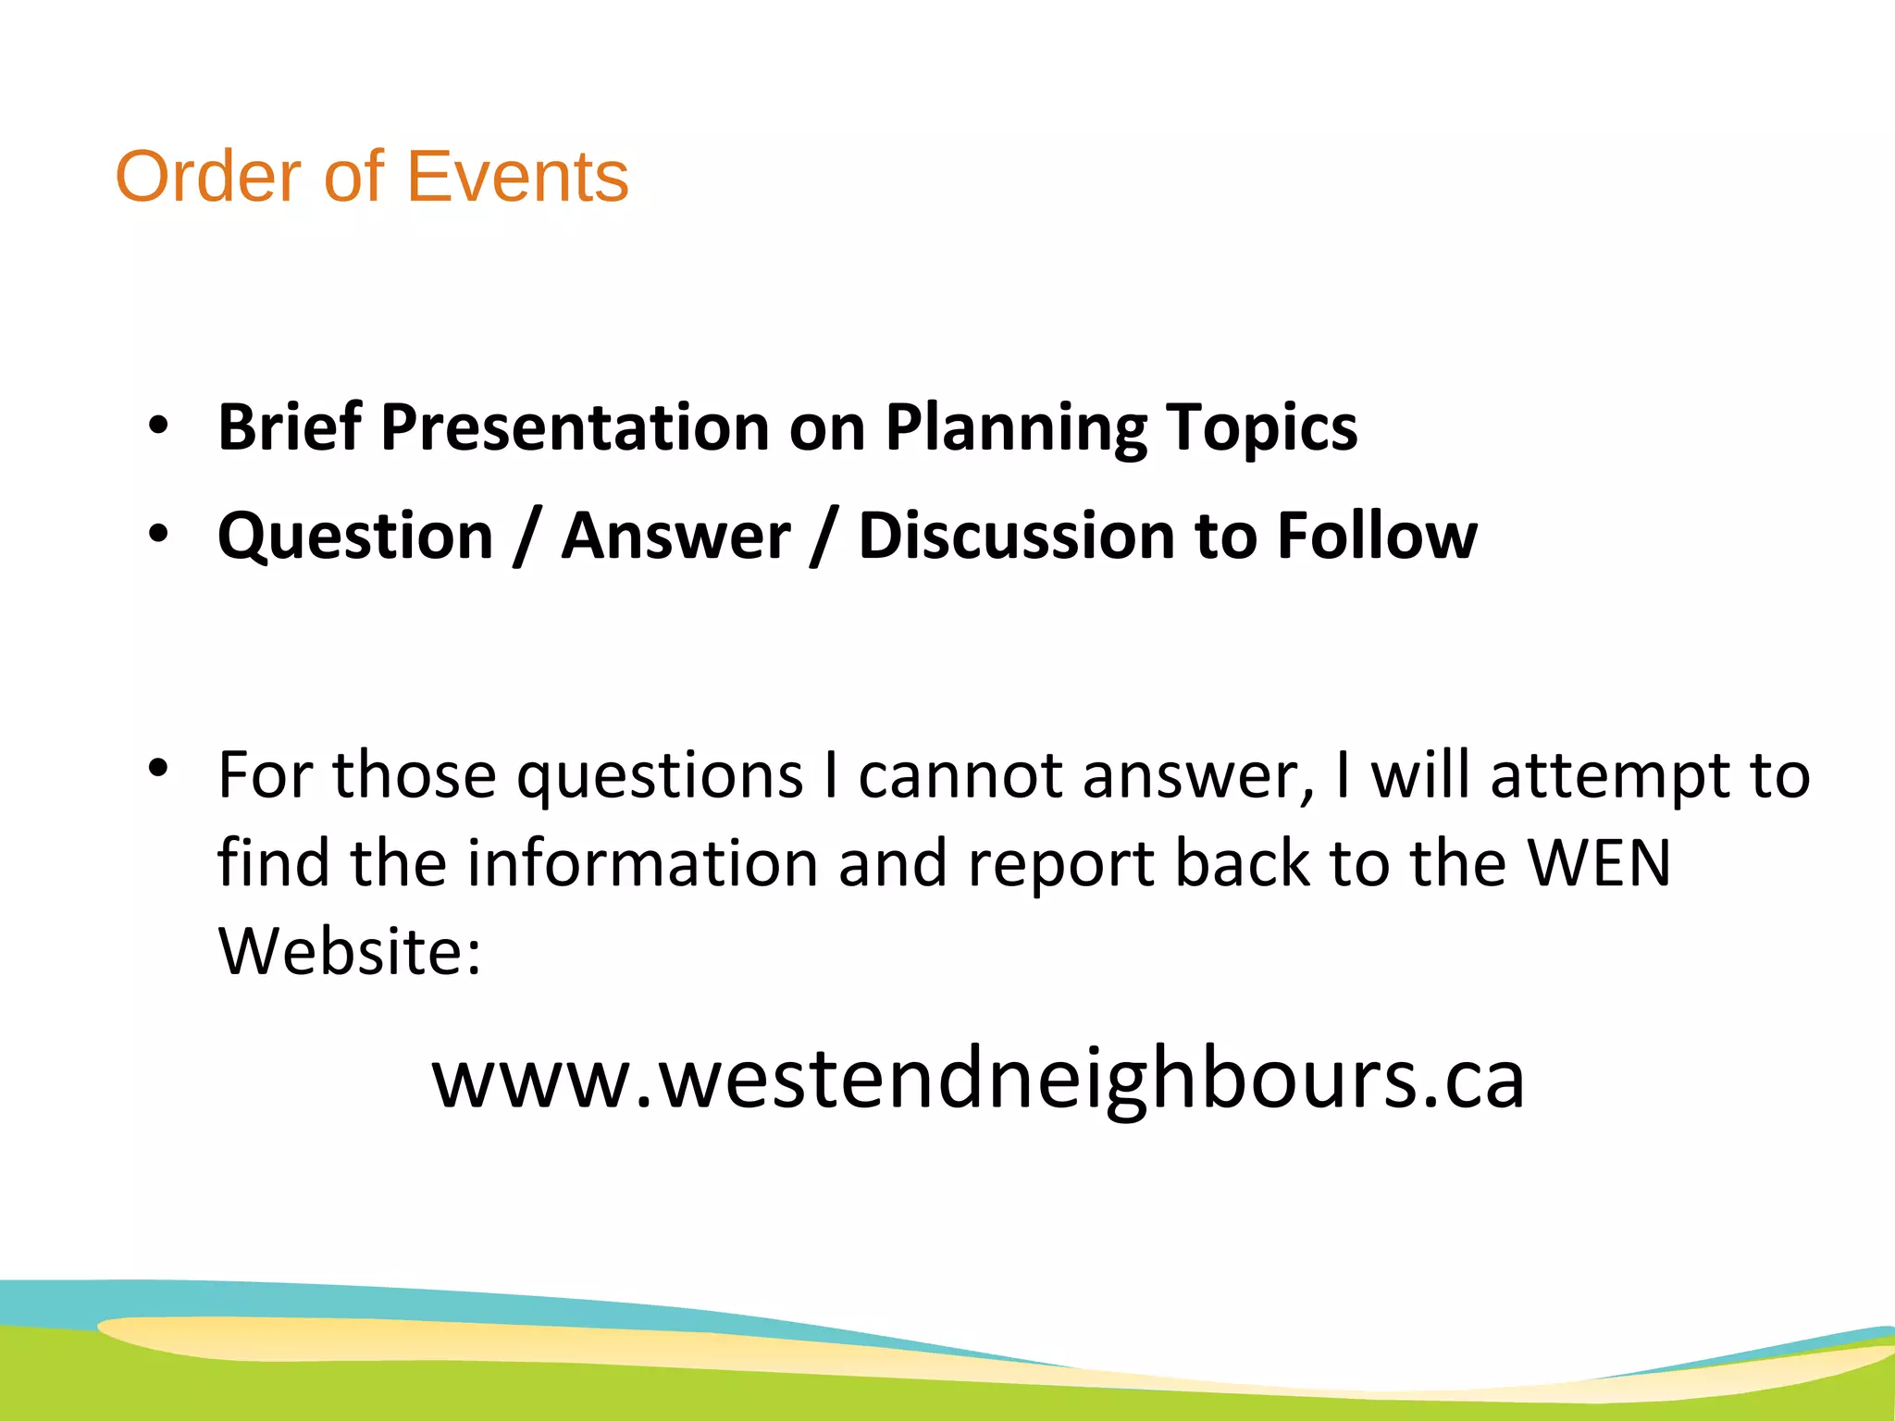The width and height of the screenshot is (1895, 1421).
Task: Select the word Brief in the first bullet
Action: (x=289, y=427)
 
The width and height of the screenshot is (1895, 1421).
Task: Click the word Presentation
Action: (x=575, y=427)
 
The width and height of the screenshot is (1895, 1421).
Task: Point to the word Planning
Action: (x=1015, y=429)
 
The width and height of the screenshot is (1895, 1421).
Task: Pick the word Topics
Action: (x=1261, y=429)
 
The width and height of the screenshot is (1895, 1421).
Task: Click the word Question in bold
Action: (x=356, y=537)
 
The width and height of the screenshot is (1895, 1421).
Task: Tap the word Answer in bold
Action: (x=676, y=537)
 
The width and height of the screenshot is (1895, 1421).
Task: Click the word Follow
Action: (x=1377, y=537)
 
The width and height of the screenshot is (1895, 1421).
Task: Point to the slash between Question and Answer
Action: (x=527, y=537)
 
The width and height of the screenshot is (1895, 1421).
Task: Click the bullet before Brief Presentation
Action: (x=158, y=426)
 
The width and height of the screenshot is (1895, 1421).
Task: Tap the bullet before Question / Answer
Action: (x=158, y=534)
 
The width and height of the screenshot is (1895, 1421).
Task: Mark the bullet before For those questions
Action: (x=158, y=768)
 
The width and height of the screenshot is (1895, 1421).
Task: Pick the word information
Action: (x=642, y=863)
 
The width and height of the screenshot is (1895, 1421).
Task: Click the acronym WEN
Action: (x=1598, y=863)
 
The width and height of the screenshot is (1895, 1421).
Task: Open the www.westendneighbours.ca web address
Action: (x=978, y=1080)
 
